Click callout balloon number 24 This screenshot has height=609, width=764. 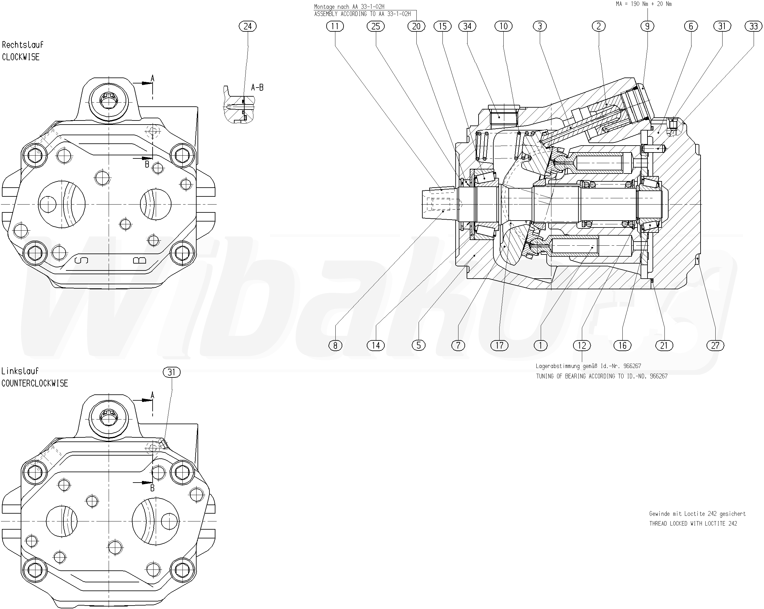point(248,26)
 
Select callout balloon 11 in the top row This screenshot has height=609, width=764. point(335,26)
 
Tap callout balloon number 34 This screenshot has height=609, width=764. point(467,26)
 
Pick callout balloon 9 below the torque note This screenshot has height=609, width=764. point(648,26)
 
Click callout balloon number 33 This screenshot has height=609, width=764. point(753,26)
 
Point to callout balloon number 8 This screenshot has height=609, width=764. point(335,345)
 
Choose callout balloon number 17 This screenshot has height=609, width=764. point(499,345)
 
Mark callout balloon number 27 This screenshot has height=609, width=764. point(715,345)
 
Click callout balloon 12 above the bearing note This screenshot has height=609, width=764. point(582,345)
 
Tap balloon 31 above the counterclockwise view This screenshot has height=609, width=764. point(171,372)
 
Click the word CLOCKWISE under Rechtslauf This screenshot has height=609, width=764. point(21,57)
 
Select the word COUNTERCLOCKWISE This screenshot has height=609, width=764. point(35,383)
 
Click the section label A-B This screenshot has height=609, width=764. point(257,88)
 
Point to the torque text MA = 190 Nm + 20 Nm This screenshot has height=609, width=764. point(643,4)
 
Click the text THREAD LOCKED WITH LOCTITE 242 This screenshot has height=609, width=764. point(693,523)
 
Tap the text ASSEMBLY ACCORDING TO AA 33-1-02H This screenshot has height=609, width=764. point(362,14)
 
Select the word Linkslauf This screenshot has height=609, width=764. point(20,371)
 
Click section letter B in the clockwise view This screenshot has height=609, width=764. point(147,164)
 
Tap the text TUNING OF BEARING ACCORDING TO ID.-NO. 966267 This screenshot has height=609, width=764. point(601,376)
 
